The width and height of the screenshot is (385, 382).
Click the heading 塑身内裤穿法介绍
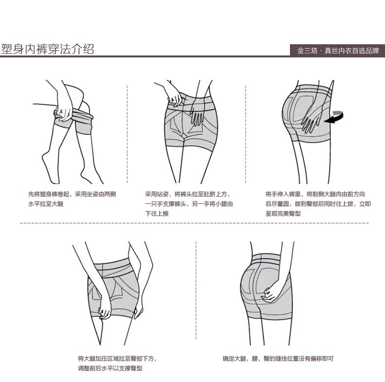pos(48,49)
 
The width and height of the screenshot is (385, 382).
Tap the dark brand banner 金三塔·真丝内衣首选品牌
pos(338,50)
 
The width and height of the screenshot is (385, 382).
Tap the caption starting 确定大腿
pos(278,359)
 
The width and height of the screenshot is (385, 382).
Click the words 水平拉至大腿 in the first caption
pos(46,204)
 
